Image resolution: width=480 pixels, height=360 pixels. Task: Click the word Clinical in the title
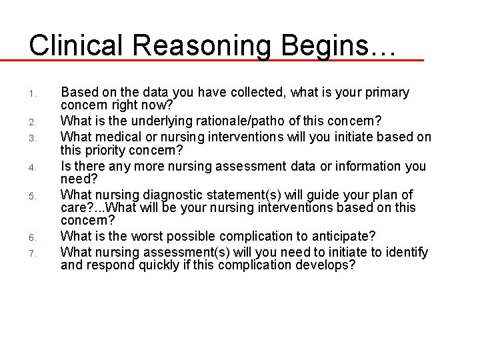79,45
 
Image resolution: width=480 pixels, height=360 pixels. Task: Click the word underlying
157,121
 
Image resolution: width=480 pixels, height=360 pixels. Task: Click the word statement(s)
238,195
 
